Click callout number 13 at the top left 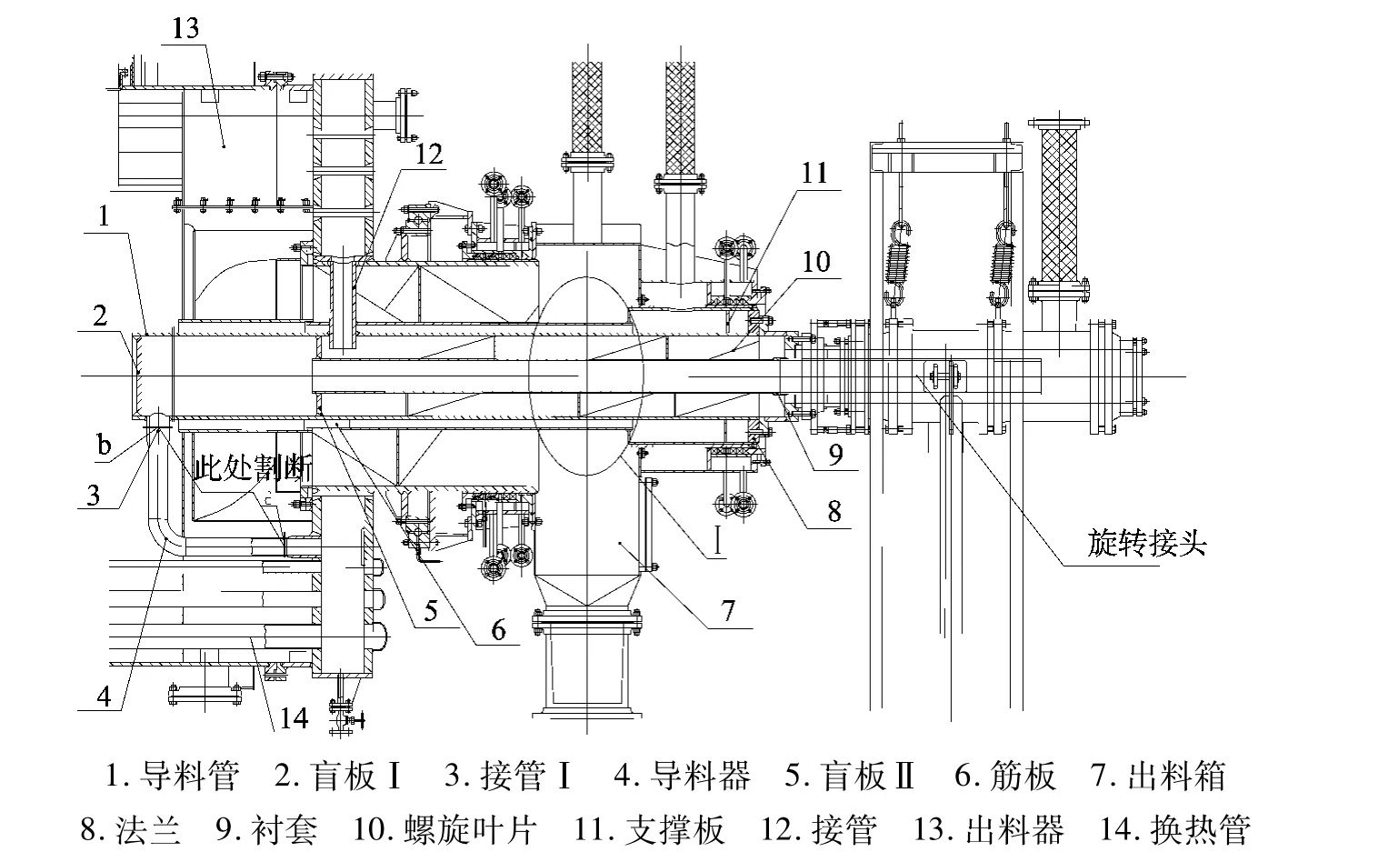pyautogui.click(x=185, y=28)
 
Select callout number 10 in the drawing pyautogui.click(x=815, y=262)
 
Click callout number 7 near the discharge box pyautogui.click(x=727, y=610)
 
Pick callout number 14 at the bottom pyautogui.click(x=294, y=718)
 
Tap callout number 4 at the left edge pyautogui.click(x=105, y=696)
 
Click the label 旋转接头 pyautogui.click(x=1146, y=544)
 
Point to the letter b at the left pyautogui.click(x=105, y=446)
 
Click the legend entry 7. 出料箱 pyautogui.click(x=1159, y=777)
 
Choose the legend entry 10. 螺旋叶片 pyautogui.click(x=445, y=829)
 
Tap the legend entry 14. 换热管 pyautogui.click(x=1174, y=829)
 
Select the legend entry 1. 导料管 pyautogui.click(x=173, y=777)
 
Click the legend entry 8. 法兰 pyautogui.click(x=131, y=829)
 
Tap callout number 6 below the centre pyautogui.click(x=498, y=629)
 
